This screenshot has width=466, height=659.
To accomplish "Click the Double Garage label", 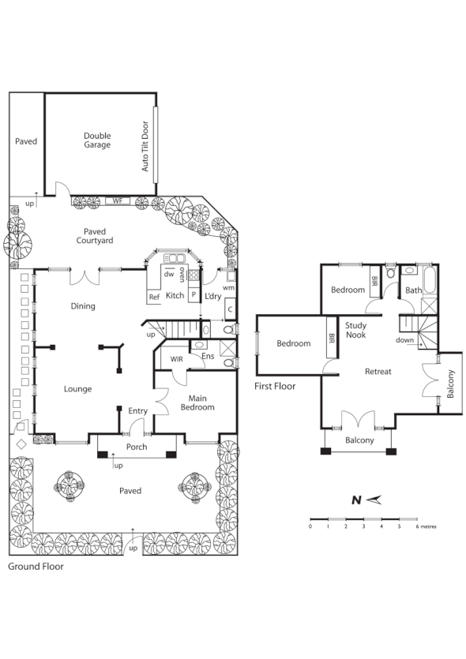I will pyautogui.click(x=97, y=140).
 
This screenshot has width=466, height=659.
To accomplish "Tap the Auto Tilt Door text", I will pyautogui.click(x=145, y=146).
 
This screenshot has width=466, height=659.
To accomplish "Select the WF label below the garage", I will pyautogui.click(x=118, y=200).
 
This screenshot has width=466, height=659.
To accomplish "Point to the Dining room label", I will pyautogui.click(x=83, y=306).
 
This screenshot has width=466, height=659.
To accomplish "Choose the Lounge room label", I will pyautogui.click(x=77, y=388).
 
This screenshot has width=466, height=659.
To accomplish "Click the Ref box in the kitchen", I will pyautogui.click(x=154, y=297).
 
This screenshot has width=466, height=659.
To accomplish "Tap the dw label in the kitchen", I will pyautogui.click(x=168, y=275).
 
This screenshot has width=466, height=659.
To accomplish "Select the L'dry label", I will pyautogui.click(x=212, y=296).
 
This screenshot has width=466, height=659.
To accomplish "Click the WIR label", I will pyautogui.click(x=178, y=359).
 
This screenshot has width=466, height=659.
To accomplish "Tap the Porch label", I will pyautogui.click(x=137, y=447).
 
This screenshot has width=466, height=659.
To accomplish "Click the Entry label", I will pyautogui.click(x=138, y=410).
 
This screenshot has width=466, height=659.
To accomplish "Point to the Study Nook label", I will pyautogui.click(x=355, y=329).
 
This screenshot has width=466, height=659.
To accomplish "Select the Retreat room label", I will pyautogui.click(x=378, y=371).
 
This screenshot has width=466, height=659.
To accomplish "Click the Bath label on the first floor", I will pyautogui.click(x=414, y=290).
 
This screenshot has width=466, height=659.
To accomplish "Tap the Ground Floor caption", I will pyautogui.click(x=36, y=566).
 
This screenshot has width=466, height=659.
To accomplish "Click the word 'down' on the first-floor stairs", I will pyautogui.click(x=405, y=340).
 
